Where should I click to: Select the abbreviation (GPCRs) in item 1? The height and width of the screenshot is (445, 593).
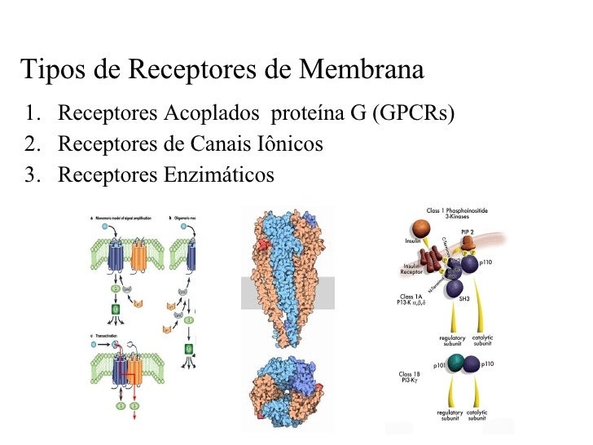[412, 112]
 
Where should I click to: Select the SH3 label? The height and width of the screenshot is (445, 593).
[464, 299]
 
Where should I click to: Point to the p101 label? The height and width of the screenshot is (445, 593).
[440, 366]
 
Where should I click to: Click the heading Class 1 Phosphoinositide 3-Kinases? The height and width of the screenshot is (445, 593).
[457, 213]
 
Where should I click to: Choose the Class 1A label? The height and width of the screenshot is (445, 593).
[411, 297]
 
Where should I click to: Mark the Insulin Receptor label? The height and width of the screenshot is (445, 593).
[411, 270]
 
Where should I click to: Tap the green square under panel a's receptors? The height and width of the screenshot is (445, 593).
[114, 309]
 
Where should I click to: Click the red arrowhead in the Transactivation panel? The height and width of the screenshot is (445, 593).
[133, 415]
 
